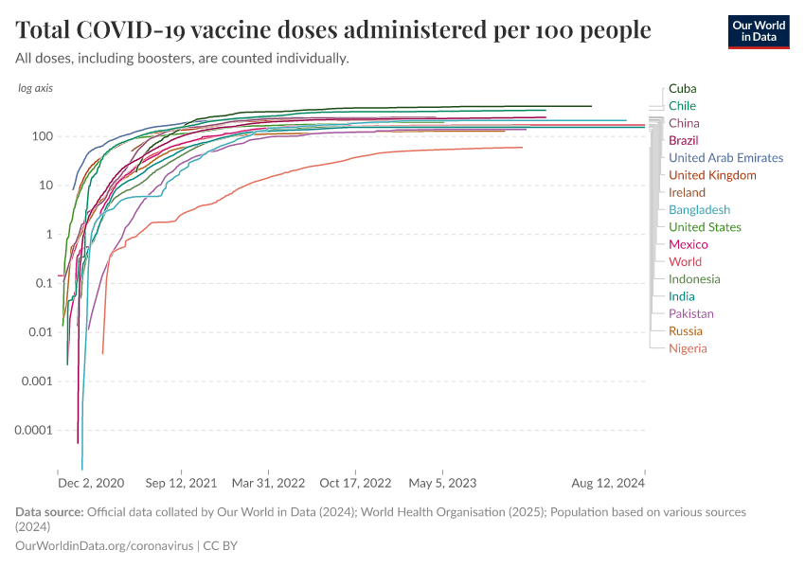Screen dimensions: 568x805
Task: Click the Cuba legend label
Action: click(682, 88)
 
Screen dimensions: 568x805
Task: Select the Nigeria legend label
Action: click(688, 348)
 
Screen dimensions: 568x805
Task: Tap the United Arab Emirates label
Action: click(725, 158)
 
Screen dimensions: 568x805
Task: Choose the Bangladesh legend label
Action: click(699, 210)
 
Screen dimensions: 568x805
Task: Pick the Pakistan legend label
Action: click(690, 313)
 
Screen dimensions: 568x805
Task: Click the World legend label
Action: click(685, 261)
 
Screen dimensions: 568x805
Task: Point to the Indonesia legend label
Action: click(694, 279)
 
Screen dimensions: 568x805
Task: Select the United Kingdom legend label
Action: click(712, 175)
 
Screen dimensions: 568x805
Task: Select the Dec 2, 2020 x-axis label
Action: click(91, 483)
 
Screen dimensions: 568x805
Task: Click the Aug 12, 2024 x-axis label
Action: click(608, 483)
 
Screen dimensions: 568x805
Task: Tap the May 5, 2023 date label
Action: click(442, 483)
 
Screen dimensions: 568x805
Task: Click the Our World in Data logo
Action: click(758, 31)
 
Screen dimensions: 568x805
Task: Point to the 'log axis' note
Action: click(36, 88)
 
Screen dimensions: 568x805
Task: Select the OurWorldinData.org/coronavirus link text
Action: click(104, 546)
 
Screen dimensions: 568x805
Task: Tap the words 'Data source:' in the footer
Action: click(49, 512)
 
